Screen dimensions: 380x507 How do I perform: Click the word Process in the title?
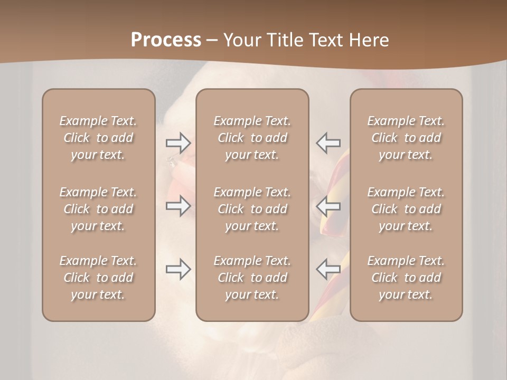166,40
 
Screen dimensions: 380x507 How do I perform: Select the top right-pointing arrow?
178,143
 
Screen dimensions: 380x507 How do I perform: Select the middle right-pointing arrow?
178,206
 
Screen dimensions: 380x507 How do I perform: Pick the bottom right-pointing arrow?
178,269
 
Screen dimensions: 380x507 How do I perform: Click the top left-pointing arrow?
328,143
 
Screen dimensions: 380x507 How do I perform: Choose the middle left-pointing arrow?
328,206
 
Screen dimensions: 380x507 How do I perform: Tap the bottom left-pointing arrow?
328,269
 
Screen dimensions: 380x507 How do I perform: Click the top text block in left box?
98,138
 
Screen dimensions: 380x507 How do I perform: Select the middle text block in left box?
98,209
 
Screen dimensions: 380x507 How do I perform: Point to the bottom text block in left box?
98,278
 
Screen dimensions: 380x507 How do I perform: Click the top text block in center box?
252,138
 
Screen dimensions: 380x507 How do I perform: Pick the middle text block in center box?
252,209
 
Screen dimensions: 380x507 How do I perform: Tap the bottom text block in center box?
252,278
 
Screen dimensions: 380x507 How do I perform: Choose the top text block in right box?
406,138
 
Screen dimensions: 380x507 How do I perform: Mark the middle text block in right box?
406,209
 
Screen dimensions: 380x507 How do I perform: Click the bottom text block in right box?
406,278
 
